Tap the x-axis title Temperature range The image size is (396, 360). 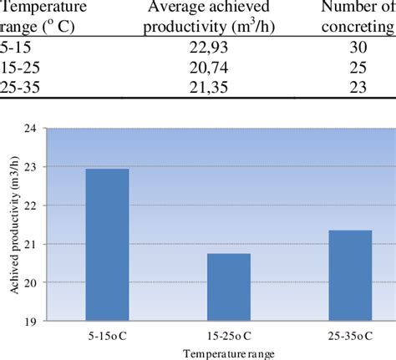tap(228, 353)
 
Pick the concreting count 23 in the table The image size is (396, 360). tap(358, 87)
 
